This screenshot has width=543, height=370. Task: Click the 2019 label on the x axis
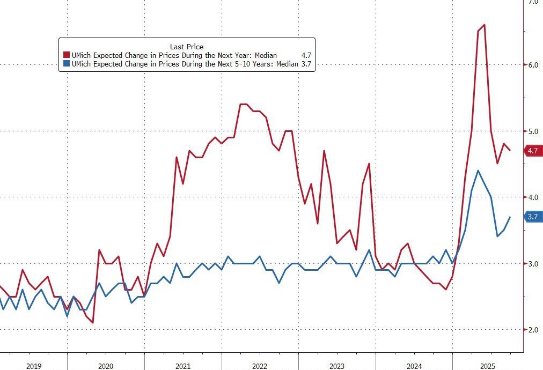tap(33, 366)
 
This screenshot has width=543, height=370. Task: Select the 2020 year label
tap(105, 366)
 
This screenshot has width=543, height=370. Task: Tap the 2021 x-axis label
tap(182, 366)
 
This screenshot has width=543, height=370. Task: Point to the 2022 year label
tap(260, 366)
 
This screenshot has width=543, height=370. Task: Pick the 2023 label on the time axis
tap(336, 366)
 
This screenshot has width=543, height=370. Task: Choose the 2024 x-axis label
tap(414, 366)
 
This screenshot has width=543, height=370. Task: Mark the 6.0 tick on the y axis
tap(533, 65)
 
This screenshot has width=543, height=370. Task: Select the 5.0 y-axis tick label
tap(533, 131)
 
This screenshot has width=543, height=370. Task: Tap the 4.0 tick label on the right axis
tap(533, 197)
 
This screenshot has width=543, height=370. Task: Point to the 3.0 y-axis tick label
tap(533, 264)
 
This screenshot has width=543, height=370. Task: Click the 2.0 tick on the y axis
tap(533, 330)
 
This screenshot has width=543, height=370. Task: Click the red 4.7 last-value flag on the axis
tap(532, 151)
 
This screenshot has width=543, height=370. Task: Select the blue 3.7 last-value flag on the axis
tap(532, 217)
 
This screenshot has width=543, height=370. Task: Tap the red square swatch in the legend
tap(67, 55)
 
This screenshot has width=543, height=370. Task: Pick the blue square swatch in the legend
tap(67, 64)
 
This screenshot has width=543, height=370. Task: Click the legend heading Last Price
tap(186, 47)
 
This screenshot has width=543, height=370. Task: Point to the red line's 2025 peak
tap(485, 25)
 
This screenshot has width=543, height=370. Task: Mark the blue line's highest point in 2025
tap(478, 171)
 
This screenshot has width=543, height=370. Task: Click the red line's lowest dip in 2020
tap(93, 323)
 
